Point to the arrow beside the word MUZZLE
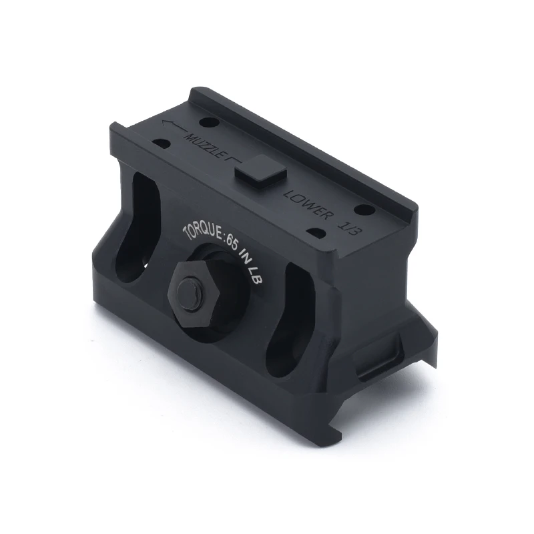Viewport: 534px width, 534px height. point(173,127)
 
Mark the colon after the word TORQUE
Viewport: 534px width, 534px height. point(224,237)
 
